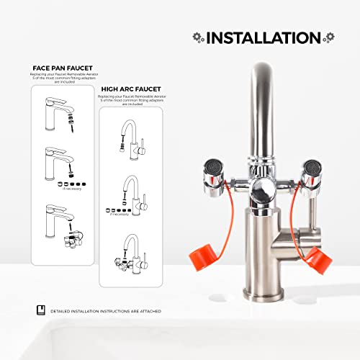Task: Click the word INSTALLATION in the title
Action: tap(264, 37)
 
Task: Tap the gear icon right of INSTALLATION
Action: tap(330, 37)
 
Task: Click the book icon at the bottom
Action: tap(40, 310)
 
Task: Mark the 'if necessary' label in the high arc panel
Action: tap(120, 215)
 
